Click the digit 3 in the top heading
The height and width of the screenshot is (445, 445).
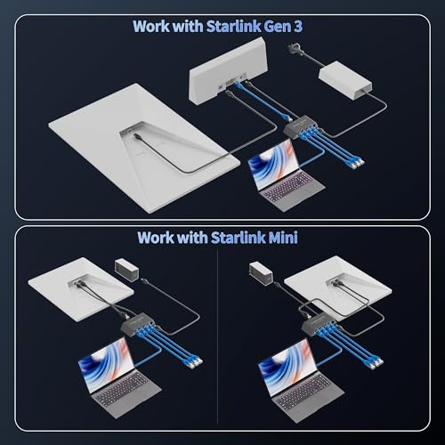coord(297,27)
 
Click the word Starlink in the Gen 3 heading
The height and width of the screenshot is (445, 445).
coord(234,27)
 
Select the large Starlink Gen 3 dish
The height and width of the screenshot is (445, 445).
coord(144,148)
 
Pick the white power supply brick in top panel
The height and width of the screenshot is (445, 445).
coord(345,80)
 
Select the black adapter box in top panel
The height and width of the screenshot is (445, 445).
coord(303,126)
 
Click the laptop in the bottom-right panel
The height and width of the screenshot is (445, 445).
coord(301,379)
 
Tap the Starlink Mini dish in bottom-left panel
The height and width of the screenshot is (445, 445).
coord(81,292)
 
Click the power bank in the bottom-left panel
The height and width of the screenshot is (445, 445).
coord(126,270)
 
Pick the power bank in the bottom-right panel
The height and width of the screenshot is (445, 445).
coord(260,273)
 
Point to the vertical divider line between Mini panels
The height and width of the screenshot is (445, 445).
coord(217,336)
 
